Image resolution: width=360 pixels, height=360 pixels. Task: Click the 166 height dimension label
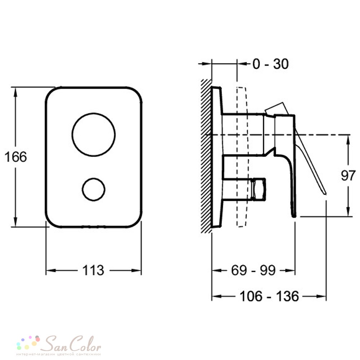(x=15, y=157)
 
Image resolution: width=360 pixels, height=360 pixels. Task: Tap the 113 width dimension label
(x=93, y=270)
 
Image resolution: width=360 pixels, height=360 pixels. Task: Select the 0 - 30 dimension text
(x=270, y=64)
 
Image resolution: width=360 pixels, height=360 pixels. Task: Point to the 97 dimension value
(x=348, y=176)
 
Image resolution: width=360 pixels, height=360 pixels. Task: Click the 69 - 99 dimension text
(x=253, y=270)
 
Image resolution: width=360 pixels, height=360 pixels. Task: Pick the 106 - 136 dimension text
(x=269, y=296)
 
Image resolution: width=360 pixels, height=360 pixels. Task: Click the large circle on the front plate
(x=94, y=113)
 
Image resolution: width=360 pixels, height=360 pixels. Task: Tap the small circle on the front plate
(x=94, y=178)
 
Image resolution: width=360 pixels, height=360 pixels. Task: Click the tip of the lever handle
(x=325, y=194)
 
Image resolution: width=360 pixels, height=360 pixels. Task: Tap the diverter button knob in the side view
(x=258, y=189)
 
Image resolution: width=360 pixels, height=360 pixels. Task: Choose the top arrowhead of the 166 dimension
(x=15, y=92)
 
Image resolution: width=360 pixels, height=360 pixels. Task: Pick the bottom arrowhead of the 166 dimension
(x=15, y=222)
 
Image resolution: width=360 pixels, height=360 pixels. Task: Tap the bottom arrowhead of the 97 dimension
(x=348, y=211)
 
